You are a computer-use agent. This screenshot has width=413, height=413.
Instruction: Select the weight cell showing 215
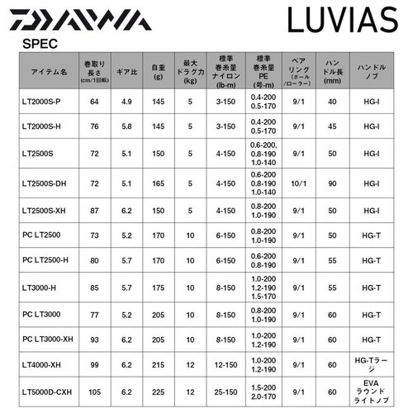pos(159,366)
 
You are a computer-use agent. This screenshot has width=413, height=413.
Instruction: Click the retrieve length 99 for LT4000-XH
pos(94,366)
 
